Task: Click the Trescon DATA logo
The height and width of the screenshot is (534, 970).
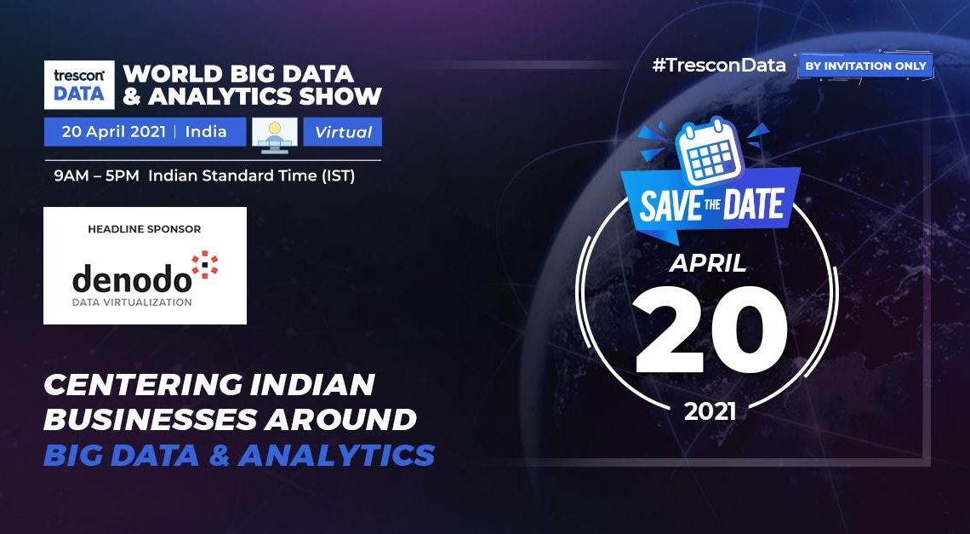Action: [79, 85]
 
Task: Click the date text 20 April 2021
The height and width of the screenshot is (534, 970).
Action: [113, 132]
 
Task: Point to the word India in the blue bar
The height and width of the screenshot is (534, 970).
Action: [206, 132]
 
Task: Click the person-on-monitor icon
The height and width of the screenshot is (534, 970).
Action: [275, 132]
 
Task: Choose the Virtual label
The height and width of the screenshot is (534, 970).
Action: [344, 132]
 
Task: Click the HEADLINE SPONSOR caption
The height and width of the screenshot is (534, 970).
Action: [144, 229]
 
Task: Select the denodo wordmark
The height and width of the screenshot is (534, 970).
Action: [132, 278]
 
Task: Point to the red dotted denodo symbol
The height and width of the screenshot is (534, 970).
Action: [205, 264]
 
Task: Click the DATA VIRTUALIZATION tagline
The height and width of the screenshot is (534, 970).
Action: [132, 302]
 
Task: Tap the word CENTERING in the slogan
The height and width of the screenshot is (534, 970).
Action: [141, 385]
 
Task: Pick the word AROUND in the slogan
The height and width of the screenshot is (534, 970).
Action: [341, 419]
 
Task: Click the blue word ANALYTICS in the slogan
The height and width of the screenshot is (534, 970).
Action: [337, 455]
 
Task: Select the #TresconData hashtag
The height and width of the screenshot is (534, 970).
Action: [719, 65]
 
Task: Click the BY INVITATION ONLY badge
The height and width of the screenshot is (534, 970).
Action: [865, 66]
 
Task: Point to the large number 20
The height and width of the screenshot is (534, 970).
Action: [710, 330]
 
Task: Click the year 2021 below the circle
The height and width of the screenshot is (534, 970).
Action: [710, 411]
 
